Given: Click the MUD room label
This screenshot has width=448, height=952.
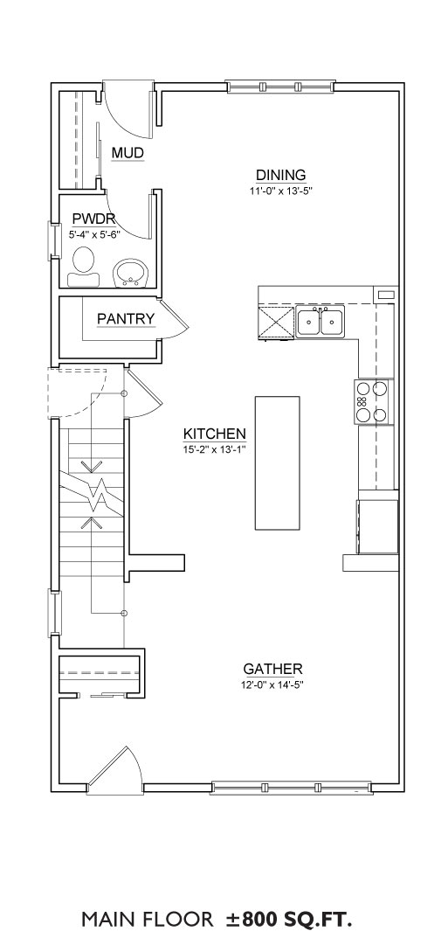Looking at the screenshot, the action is (128, 153).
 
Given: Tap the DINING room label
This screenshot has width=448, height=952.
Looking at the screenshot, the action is (280, 175).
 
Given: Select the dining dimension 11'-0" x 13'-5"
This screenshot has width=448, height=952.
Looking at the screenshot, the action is (280, 190).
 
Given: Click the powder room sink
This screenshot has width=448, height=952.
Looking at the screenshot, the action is (131, 273).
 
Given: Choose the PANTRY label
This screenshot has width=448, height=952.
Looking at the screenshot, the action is (126, 318).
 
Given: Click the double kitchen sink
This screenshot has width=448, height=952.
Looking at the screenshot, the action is (320, 321).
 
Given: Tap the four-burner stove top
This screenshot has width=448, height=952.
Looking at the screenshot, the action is (371, 401).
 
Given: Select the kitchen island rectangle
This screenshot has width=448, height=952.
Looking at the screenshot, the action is (278, 463).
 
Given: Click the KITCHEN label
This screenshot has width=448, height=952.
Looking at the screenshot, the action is (215, 434).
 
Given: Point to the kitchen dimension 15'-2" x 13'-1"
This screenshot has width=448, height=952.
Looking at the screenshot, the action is (215, 450).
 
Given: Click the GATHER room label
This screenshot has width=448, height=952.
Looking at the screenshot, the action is (272, 669).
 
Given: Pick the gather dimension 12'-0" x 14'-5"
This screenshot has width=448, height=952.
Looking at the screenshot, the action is (272, 684).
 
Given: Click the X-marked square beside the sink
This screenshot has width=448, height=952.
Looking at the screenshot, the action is (276, 321).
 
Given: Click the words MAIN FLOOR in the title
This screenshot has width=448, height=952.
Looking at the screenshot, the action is (148, 920).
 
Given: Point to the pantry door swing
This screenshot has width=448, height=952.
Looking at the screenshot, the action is (175, 318).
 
